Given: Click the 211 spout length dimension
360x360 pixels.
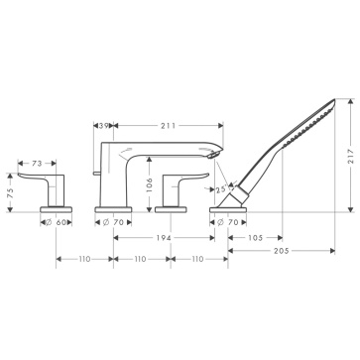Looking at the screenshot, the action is pyautogui.click(x=169, y=125).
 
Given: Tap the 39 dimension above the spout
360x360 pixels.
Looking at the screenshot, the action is pyautogui.click(x=104, y=125).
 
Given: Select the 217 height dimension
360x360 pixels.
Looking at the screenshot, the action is pyautogui.click(x=351, y=156).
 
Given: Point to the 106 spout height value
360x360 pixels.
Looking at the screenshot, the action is pyautogui.click(x=150, y=185).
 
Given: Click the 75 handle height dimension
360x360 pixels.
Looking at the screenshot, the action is pyautogui.click(x=11, y=193).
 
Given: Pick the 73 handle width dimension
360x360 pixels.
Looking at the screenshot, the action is pyautogui.click(x=37, y=163).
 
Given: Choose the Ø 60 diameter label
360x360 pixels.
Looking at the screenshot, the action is pyautogui.click(x=57, y=222).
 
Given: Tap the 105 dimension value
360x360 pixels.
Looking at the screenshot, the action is pyautogui.click(x=255, y=238).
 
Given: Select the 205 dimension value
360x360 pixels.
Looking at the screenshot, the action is pyautogui.click(x=282, y=251).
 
